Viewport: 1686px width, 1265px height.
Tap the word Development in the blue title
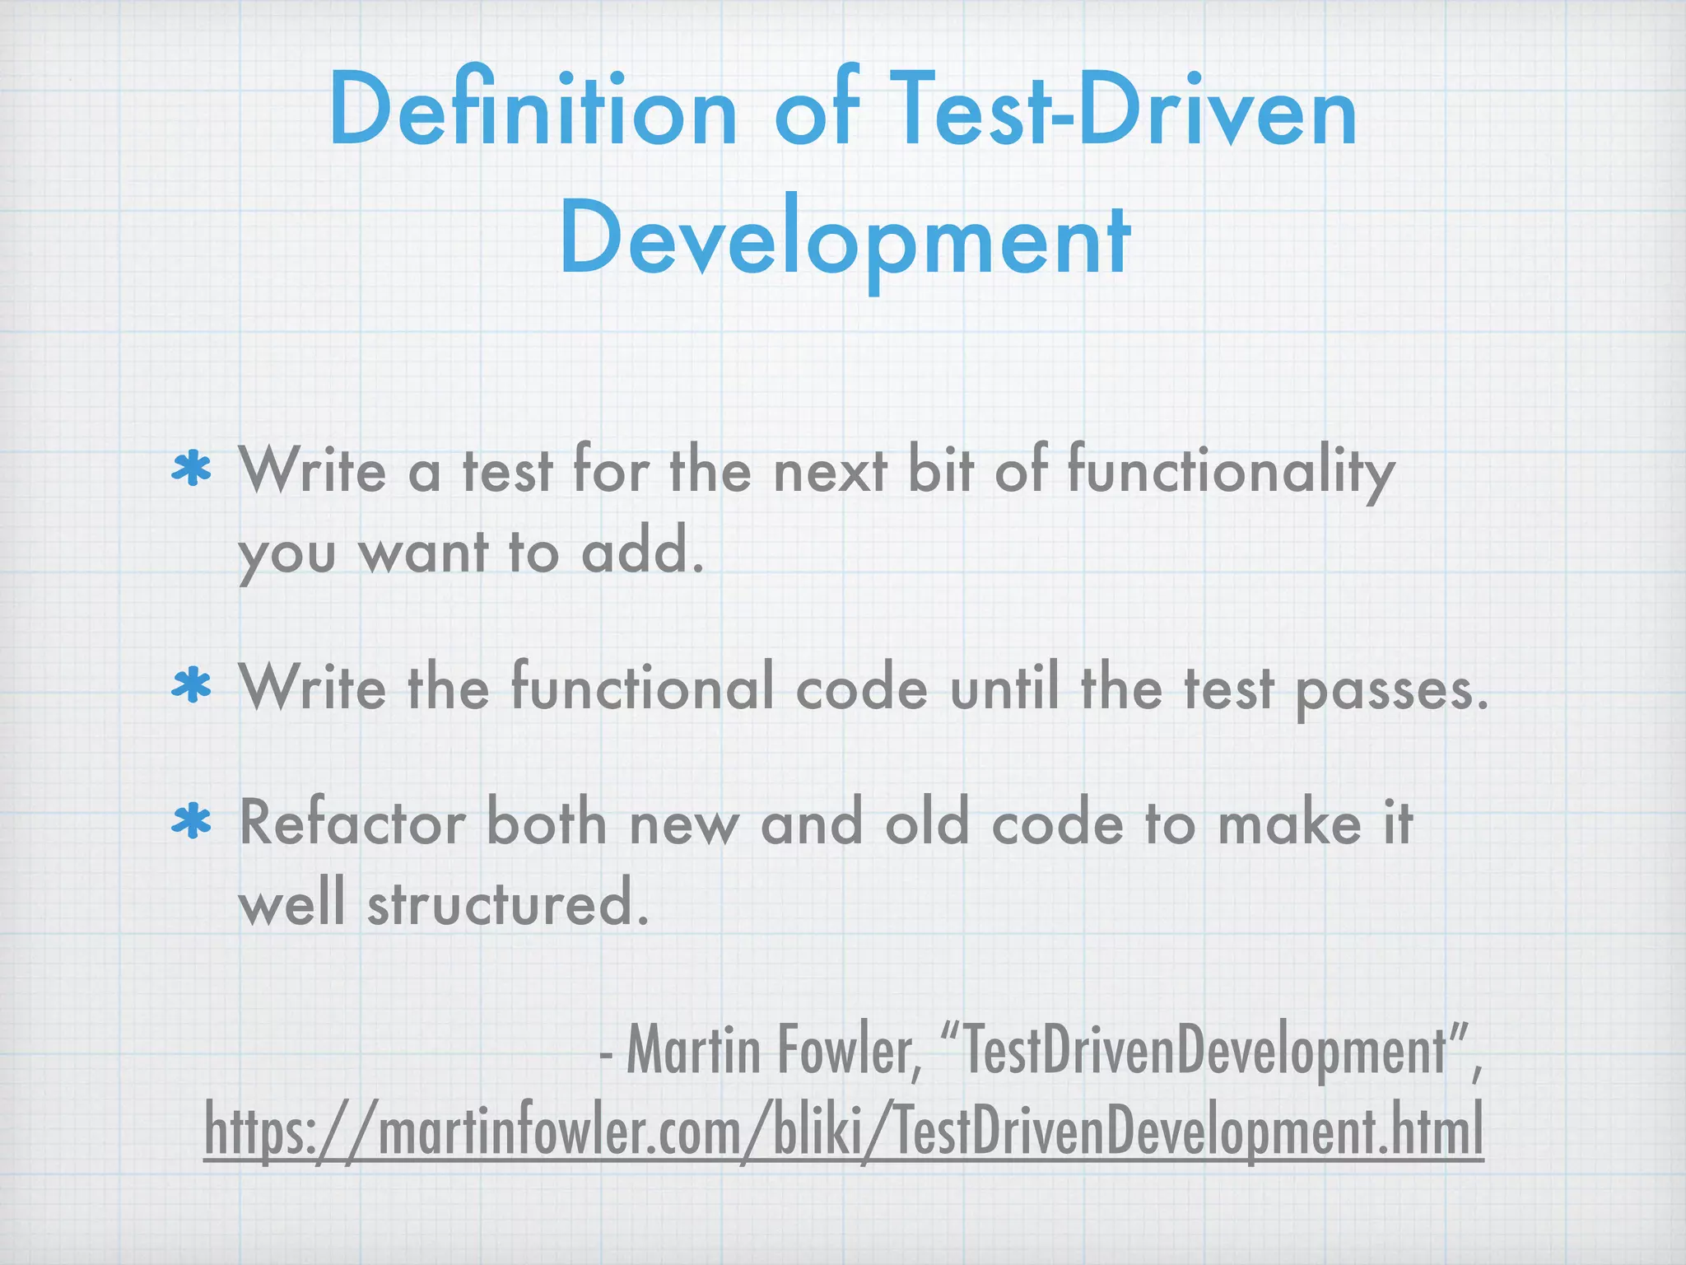coord(845,239)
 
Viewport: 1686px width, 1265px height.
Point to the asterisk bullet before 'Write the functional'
coord(192,688)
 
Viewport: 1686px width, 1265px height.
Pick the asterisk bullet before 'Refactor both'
coord(192,824)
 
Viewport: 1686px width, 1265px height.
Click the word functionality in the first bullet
coord(1231,472)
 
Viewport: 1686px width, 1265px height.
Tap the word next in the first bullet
coord(830,472)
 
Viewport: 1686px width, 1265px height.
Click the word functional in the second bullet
coord(642,688)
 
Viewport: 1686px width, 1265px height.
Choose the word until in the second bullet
coord(1004,688)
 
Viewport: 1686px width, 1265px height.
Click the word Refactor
coord(352,824)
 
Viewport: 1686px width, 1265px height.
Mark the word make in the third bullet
coord(1289,824)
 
